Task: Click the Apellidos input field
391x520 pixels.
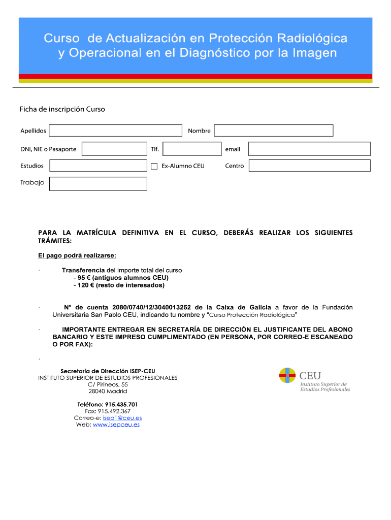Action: click(115, 131)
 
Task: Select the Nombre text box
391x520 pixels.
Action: click(274, 131)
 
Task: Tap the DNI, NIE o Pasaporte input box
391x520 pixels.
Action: click(114, 149)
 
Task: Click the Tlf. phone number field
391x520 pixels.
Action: click(192, 149)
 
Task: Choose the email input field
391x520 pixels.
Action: click(309, 149)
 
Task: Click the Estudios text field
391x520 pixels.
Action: click(98, 166)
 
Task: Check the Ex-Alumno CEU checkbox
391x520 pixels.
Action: click(154, 166)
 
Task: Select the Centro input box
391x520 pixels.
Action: click(309, 166)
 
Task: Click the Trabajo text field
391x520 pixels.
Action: click(98, 183)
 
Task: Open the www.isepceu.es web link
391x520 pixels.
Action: click(116, 425)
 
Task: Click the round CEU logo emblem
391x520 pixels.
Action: click(287, 375)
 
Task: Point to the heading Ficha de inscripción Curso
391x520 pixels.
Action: click(62, 109)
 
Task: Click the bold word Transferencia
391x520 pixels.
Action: click(83, 270)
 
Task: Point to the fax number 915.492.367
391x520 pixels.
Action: click(115, 411)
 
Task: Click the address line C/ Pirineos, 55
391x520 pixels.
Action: click(108, 384)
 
